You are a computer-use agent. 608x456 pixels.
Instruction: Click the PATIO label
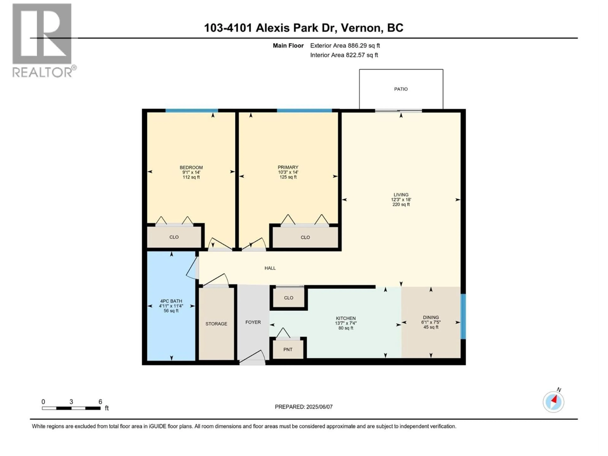click(401, 89)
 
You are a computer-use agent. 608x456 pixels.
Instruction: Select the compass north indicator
click(553, 402)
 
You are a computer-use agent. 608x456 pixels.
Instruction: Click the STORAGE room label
click(216, 324)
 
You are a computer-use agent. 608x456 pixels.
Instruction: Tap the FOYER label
click(253, 322)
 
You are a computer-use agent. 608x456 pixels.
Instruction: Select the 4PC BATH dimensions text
click(171, 306)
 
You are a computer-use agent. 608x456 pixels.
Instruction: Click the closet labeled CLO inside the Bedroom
click(174, 237)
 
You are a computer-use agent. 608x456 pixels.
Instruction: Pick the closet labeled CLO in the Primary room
click(305, 237)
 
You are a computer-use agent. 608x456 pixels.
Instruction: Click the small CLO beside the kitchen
click(289, 298)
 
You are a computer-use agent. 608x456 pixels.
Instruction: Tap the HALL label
click(270, 268)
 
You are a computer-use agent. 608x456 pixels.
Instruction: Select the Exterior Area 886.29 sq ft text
click(345, 46)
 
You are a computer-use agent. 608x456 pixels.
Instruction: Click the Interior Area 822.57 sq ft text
click(344, 55)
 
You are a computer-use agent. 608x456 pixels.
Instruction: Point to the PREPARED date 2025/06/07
click(304, 407)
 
